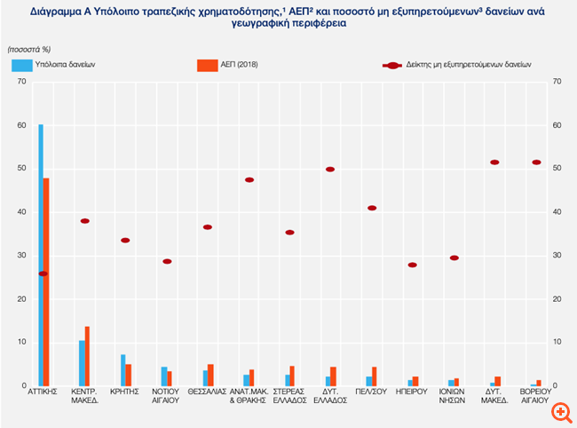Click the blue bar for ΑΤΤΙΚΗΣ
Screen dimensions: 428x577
coord(41,255)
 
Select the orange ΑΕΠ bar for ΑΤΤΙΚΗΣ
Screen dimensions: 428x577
coord(46,281)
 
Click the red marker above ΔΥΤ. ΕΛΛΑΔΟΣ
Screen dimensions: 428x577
coord(330,169)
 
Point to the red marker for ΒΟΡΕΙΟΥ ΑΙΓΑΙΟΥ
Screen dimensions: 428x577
coord(536,162)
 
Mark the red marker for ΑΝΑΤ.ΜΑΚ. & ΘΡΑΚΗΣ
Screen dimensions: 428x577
coord(249,180)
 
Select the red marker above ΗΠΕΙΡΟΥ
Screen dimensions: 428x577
coord(412,265)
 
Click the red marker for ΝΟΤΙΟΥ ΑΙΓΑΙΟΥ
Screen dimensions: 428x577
coord(167,261)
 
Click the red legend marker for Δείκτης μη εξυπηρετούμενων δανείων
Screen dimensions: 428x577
coord(391,65)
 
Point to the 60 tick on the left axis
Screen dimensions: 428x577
coord(21,125)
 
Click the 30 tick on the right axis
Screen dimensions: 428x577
coord(556,256)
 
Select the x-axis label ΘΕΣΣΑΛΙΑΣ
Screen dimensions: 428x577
coord(208,392)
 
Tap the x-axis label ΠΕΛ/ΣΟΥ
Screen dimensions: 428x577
coord(371,392)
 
